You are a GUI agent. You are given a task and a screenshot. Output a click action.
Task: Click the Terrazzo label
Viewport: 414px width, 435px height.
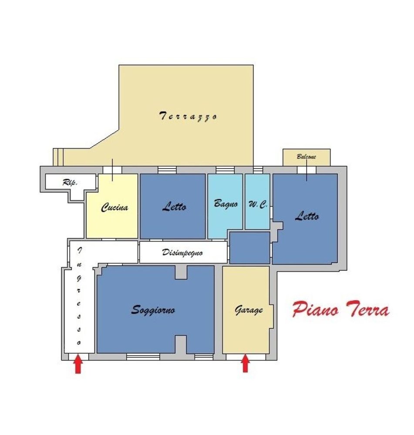pos(188,116)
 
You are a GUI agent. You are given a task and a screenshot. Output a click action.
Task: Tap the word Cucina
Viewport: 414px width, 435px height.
pos(114,207)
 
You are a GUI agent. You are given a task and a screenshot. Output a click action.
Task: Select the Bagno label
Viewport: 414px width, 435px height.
pos(226,203)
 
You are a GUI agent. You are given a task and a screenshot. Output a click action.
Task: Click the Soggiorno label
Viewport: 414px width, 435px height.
pos(153,310)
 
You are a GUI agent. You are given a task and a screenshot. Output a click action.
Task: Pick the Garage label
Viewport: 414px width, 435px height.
pos(249,310)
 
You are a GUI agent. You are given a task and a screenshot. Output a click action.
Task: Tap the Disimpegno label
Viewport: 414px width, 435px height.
pos(182,252)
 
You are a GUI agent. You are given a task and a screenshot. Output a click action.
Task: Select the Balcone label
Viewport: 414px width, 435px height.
pos(306,157)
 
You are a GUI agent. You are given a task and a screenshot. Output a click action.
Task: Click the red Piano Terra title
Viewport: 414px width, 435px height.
pos(340,310)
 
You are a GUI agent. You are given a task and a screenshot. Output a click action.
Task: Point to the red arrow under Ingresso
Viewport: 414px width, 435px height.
pos(78,365)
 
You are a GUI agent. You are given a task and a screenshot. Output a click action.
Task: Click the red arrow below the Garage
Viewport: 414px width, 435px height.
pos(245,364)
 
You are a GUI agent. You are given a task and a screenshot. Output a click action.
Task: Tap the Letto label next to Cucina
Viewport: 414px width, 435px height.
pos(174,207)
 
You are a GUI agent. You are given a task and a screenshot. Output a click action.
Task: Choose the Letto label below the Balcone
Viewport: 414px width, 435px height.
pos(306,216)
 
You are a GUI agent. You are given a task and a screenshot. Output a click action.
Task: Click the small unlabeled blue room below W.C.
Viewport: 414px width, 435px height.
pos(249,248)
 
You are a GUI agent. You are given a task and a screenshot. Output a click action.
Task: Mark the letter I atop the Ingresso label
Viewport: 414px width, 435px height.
pos(79,250)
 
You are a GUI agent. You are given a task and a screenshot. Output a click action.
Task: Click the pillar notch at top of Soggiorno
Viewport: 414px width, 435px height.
pos(181,272)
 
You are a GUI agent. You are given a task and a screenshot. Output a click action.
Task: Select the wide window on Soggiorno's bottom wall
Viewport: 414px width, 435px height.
pos(143,357)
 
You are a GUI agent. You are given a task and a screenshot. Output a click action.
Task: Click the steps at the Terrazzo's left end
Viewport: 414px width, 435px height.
pos(58,157)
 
